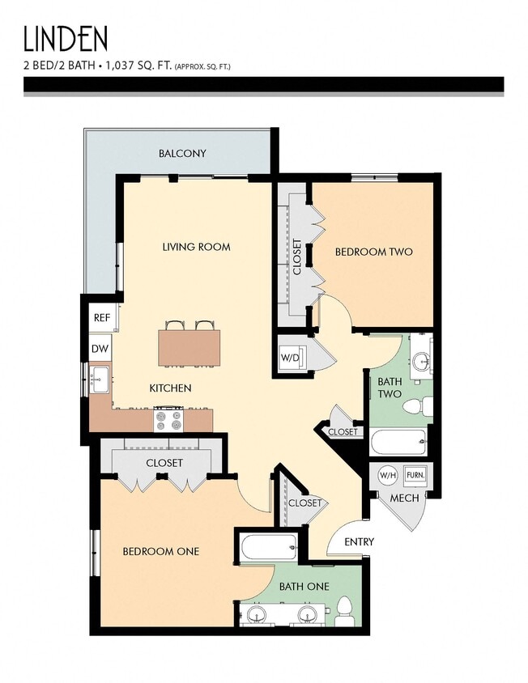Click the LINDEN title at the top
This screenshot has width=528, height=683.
pyautogui.click(x=65, y=39)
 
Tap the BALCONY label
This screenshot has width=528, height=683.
pyautogui.click(x=182, y=153)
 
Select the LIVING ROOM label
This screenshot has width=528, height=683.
pyautogui.click(x=196, y=247)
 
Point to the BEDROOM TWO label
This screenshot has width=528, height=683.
pyautogui.click(x=373, y=252)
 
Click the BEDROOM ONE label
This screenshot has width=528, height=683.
pyautogui.click(x=160, y=552)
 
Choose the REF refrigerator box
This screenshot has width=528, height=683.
pyautogui.click(x=101, y=318)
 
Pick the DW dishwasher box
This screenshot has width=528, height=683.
pyautogui.click(x=100, y=349)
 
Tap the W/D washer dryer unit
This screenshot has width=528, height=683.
pyautogui.click(x=291, y=357)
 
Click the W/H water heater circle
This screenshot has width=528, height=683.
pyautogui.click(x=389, y=475)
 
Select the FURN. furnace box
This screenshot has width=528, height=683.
pyautogui.click(x=415, y=475)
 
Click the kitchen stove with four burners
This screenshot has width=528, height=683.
pyautogui.click(x=169, y=420)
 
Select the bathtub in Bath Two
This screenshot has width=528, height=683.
pyautogui.click(x=398, y=442)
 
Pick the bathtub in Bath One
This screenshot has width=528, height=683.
pyautogui.click(x=270, y=548)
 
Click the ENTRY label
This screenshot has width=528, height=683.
pyautogui.click(x=359, y=541)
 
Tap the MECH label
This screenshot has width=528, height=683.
pyautogui.click(x=404, y=498)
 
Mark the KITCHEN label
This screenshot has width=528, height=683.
pyautogui.click(x=170, y=388)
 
